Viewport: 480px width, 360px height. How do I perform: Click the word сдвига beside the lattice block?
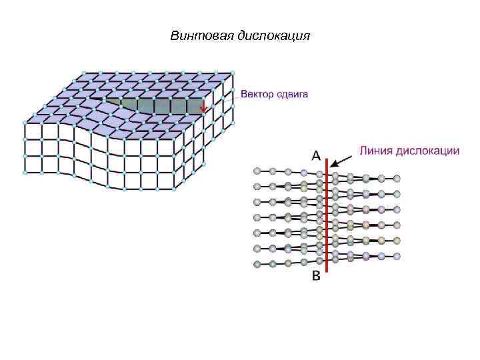(293, 95)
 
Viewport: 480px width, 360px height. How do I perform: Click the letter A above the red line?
(317, 155)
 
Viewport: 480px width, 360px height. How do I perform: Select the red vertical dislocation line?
(327, 220)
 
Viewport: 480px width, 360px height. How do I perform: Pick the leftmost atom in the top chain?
(257, 171)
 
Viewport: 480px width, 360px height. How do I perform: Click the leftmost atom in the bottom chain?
(257, 264)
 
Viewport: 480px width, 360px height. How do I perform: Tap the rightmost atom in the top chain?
(397, 179)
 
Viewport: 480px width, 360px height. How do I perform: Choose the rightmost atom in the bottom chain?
(397, 255)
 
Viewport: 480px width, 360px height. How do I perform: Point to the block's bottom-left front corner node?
(25, 173)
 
